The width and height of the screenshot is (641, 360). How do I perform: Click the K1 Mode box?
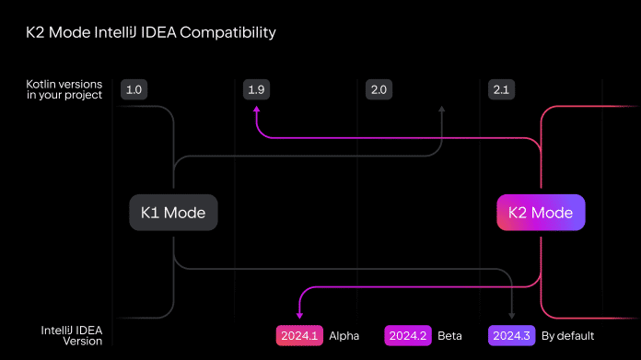(173, 213)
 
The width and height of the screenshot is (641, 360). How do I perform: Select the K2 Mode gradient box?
(541, 213)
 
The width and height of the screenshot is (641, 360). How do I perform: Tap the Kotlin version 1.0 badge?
(134, 89)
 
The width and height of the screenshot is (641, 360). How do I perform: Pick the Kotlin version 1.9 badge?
(256, 89)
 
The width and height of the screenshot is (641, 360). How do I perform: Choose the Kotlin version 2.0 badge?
(378, 89)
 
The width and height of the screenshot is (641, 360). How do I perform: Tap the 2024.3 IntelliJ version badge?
(510, 335)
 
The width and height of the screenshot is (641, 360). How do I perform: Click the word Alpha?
(344, 335)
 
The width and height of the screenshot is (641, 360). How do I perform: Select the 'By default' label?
(567, 335)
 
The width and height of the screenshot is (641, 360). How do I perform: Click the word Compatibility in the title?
(227, 33)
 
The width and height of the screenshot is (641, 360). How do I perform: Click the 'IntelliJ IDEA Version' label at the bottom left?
(72, 335)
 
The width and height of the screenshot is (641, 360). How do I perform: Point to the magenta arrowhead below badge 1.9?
(256, 110)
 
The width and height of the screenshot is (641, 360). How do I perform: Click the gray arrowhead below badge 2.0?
(441, 110)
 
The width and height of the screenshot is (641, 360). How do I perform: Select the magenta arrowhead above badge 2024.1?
(299, 317)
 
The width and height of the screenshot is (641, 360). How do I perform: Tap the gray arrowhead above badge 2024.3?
(512, 315)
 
